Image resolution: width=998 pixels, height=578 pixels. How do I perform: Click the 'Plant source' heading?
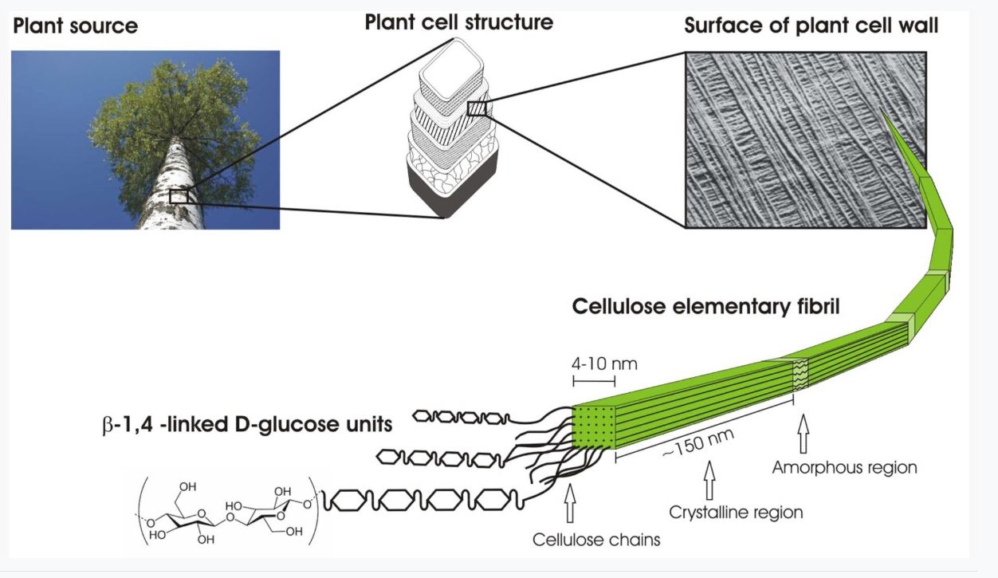pos(75,26)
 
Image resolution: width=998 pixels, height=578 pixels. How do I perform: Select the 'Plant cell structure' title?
pos(458,22)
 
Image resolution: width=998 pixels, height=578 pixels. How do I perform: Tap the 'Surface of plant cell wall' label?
pos(811,26)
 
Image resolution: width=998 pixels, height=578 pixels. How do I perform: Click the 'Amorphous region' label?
pos(844,467)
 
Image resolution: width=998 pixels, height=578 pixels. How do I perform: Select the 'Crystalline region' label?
pos(736,513)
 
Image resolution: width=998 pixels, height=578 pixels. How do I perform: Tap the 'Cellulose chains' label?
pos(596,540)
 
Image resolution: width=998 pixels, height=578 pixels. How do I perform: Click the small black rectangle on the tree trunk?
pos(179,195)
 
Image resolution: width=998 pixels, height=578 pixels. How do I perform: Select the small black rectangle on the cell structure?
pos(477,108)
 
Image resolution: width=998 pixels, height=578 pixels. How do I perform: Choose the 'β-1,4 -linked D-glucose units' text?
pos(242,424)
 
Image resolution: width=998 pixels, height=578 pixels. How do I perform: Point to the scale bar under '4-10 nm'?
pos(591,382)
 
